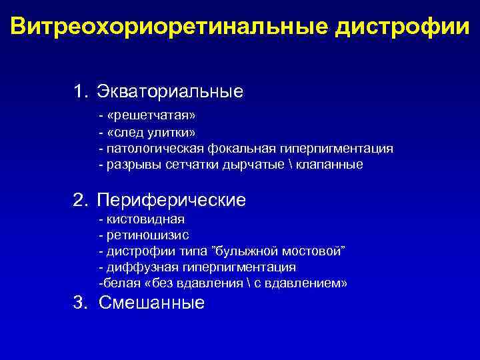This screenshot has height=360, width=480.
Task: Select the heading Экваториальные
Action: (169, 91)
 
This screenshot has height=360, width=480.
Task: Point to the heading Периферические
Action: (171, 199)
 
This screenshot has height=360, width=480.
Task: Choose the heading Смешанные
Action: (151, 303)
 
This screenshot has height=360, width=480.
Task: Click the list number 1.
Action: (79, 91)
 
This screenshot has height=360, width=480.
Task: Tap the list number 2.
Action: (79, 199)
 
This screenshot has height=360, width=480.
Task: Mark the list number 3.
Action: (79, 303)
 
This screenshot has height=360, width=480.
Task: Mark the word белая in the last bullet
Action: (117, 283)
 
